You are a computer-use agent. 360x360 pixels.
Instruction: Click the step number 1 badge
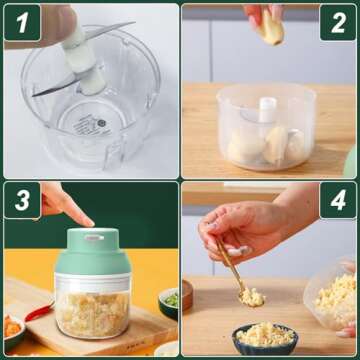21,21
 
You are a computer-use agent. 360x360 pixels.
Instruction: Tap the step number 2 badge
338,21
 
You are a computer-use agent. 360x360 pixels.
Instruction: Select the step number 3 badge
21,201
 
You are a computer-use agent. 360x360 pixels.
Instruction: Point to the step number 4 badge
338,201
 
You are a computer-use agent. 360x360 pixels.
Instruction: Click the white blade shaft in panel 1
78,55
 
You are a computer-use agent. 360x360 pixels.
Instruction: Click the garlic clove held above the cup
269,27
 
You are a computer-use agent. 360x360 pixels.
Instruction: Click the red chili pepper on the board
38,312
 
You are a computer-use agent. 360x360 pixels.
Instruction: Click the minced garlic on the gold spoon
252,296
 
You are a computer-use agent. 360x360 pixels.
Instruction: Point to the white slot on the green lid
93,238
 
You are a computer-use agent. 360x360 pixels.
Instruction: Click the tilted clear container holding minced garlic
335,295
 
